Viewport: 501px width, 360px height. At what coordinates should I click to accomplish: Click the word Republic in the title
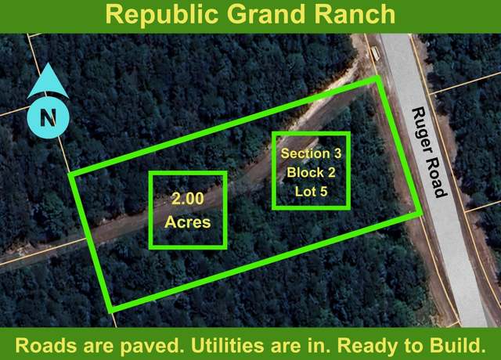pos(162,15)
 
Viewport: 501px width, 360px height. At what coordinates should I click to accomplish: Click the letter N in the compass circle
pos(49,117)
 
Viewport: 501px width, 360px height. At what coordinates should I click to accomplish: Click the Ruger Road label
pos(429,153)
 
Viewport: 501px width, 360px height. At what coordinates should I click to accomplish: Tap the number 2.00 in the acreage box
pos(188,198)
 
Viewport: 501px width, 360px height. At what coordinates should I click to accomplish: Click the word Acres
pos(188,221)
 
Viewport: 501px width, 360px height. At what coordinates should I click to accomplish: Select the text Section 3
pos(311,153)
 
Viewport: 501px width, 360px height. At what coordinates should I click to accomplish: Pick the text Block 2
pos(311,172)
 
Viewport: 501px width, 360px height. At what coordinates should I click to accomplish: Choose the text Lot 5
pos(311,191)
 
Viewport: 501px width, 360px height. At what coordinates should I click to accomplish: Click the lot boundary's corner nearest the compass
pos(70,175)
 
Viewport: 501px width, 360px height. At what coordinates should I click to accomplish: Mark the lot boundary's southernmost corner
pos(111,311)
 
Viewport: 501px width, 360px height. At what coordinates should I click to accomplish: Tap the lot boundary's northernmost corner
pos(378,77)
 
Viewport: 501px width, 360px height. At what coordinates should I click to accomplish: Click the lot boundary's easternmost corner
pos(420,213)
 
